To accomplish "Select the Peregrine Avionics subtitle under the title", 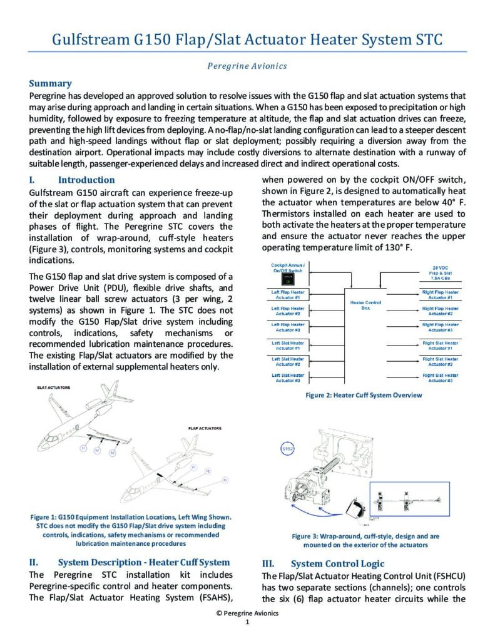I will coord(247,66).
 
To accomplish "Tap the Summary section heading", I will coord(51,83).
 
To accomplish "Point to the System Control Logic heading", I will coord(337,563).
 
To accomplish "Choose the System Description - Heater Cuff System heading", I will coord(143,562).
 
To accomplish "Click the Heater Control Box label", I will coord(366,305).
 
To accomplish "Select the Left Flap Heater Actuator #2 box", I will coord(288,311).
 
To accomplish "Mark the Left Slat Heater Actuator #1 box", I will coord(288,346).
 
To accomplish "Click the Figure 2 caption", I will coord(364,395).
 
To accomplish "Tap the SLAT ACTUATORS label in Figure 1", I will coord(54,387).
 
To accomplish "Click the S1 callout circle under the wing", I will coord(83,449).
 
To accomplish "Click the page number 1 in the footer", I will coord(247,623).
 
